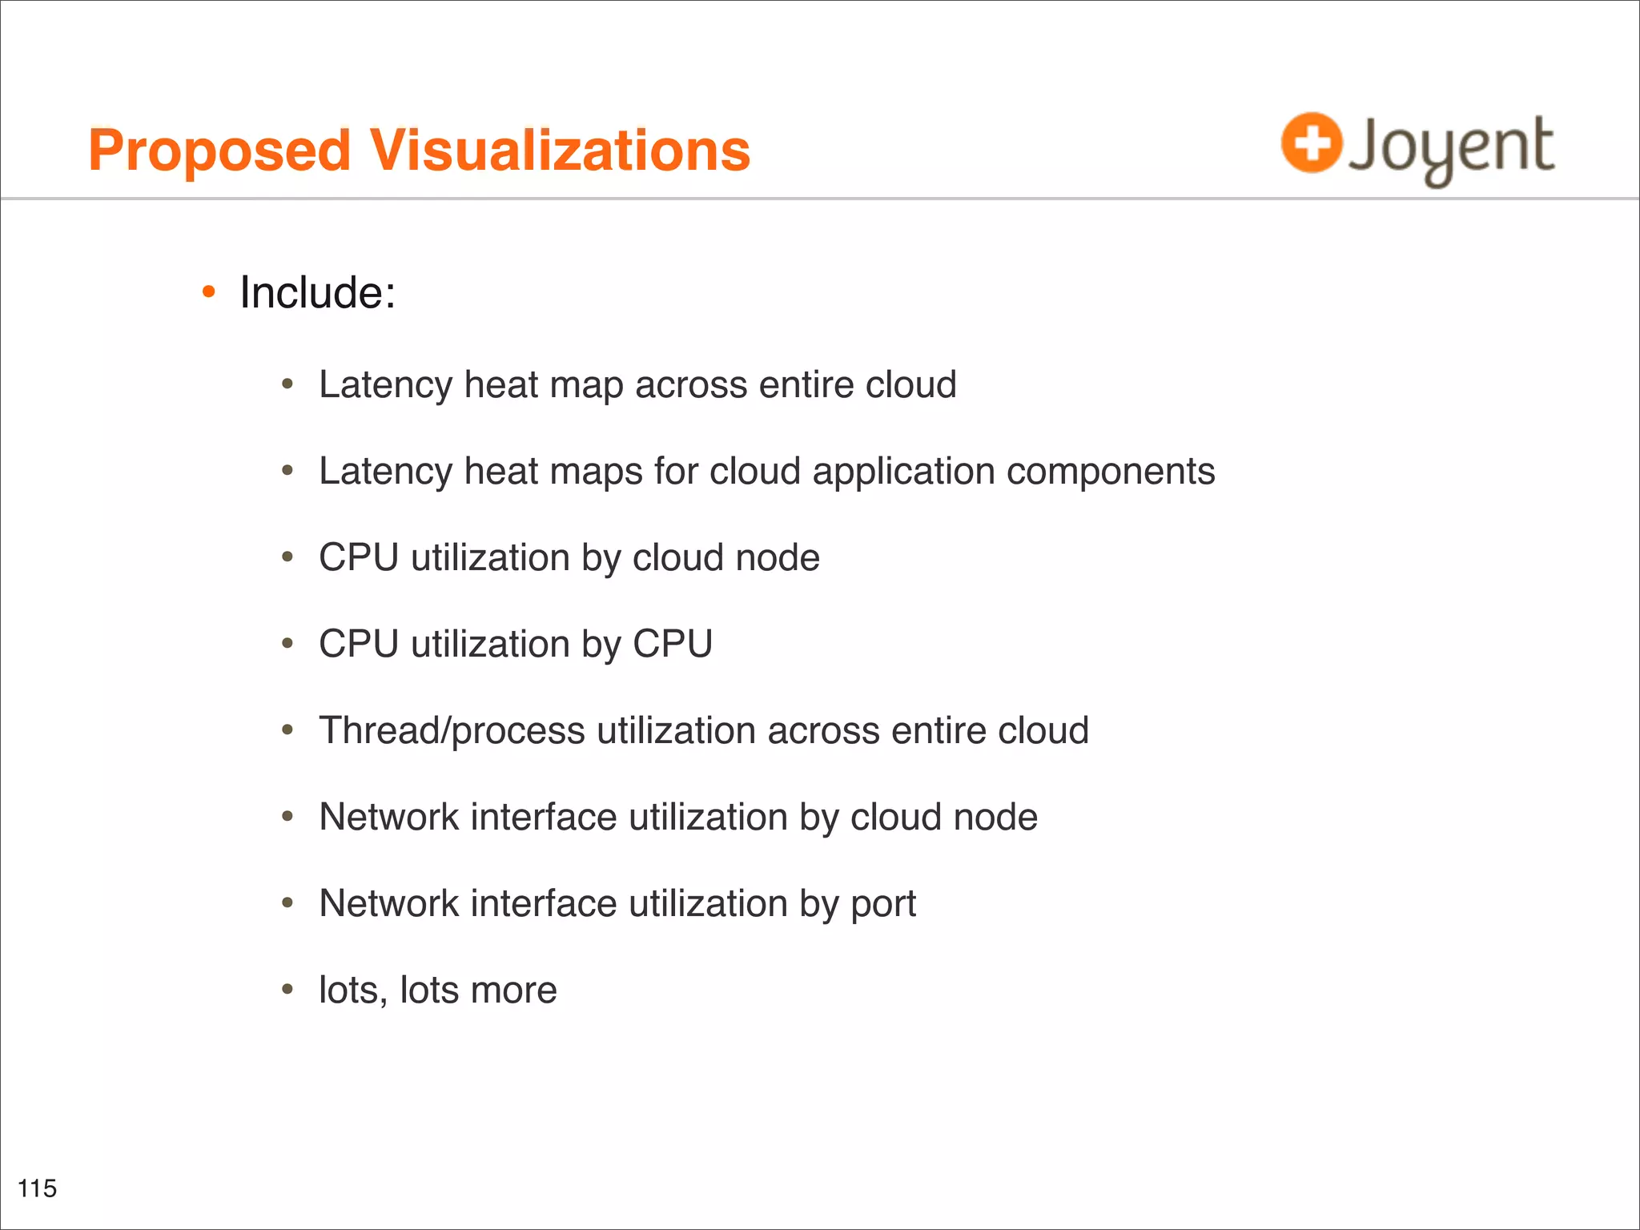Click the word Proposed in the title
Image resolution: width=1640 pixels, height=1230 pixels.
pyautogui.click(x=219, y=151)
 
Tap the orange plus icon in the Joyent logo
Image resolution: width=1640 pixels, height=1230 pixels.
pyautogui.click(x=1311, y=143)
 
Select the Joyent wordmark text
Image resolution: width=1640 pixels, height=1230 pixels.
pyautogui.click(x=1451, y=147)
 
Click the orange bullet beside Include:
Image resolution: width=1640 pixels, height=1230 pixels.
pyautogui.click(x=209, y=293)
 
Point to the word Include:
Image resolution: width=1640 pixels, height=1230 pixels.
pyautogui.click(x=318, y=292)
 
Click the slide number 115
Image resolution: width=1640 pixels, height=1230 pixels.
pyautogui.click(x=37, y=1188)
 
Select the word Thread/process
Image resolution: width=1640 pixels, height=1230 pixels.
pyautogui.click(x=452, y=730)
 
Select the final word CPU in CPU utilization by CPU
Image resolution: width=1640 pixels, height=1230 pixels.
pyautogui.click(x=673, y=644)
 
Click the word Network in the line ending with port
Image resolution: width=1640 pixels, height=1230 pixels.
pyautogui.click(x=388, y=903)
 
